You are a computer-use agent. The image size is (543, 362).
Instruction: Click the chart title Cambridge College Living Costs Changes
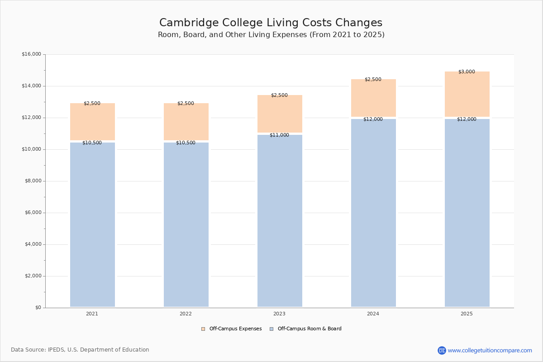click(271, 23)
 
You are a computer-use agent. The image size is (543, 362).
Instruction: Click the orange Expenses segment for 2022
click(186, 121)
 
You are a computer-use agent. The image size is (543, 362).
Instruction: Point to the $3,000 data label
click(467, 71)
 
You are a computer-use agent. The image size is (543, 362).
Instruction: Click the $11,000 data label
click(279, 135)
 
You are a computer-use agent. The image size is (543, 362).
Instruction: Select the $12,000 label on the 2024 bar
click(373, 119)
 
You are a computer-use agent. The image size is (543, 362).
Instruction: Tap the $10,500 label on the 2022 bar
click(186, 143)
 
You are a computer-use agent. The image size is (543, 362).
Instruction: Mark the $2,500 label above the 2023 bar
click(279, 95)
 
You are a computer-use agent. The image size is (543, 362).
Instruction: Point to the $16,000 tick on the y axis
click(31, 54)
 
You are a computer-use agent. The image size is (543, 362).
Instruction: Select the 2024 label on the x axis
click(373, 314)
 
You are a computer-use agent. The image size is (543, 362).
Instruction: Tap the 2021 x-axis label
click(92, 314)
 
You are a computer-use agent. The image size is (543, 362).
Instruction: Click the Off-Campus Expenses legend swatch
click(203, 329)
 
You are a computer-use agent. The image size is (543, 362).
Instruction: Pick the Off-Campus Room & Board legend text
click(310, 329)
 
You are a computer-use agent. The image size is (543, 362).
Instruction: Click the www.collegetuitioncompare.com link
click(490, 350)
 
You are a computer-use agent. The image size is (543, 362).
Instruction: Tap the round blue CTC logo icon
click(442, 350)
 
